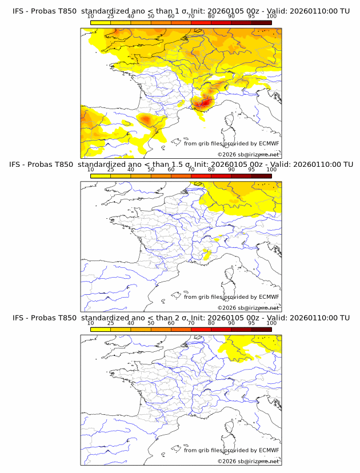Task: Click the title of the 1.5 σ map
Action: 181,165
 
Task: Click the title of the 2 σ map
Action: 181,318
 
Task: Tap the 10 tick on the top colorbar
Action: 91,17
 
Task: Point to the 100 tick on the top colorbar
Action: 271,17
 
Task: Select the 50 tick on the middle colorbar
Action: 151,170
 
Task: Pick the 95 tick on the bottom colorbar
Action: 251,323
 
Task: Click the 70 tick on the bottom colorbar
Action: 191,323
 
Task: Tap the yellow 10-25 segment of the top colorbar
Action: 101,22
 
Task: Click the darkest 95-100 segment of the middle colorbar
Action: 261,176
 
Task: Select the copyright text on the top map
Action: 248,154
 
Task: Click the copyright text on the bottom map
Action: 248,461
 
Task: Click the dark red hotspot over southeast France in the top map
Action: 202,103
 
